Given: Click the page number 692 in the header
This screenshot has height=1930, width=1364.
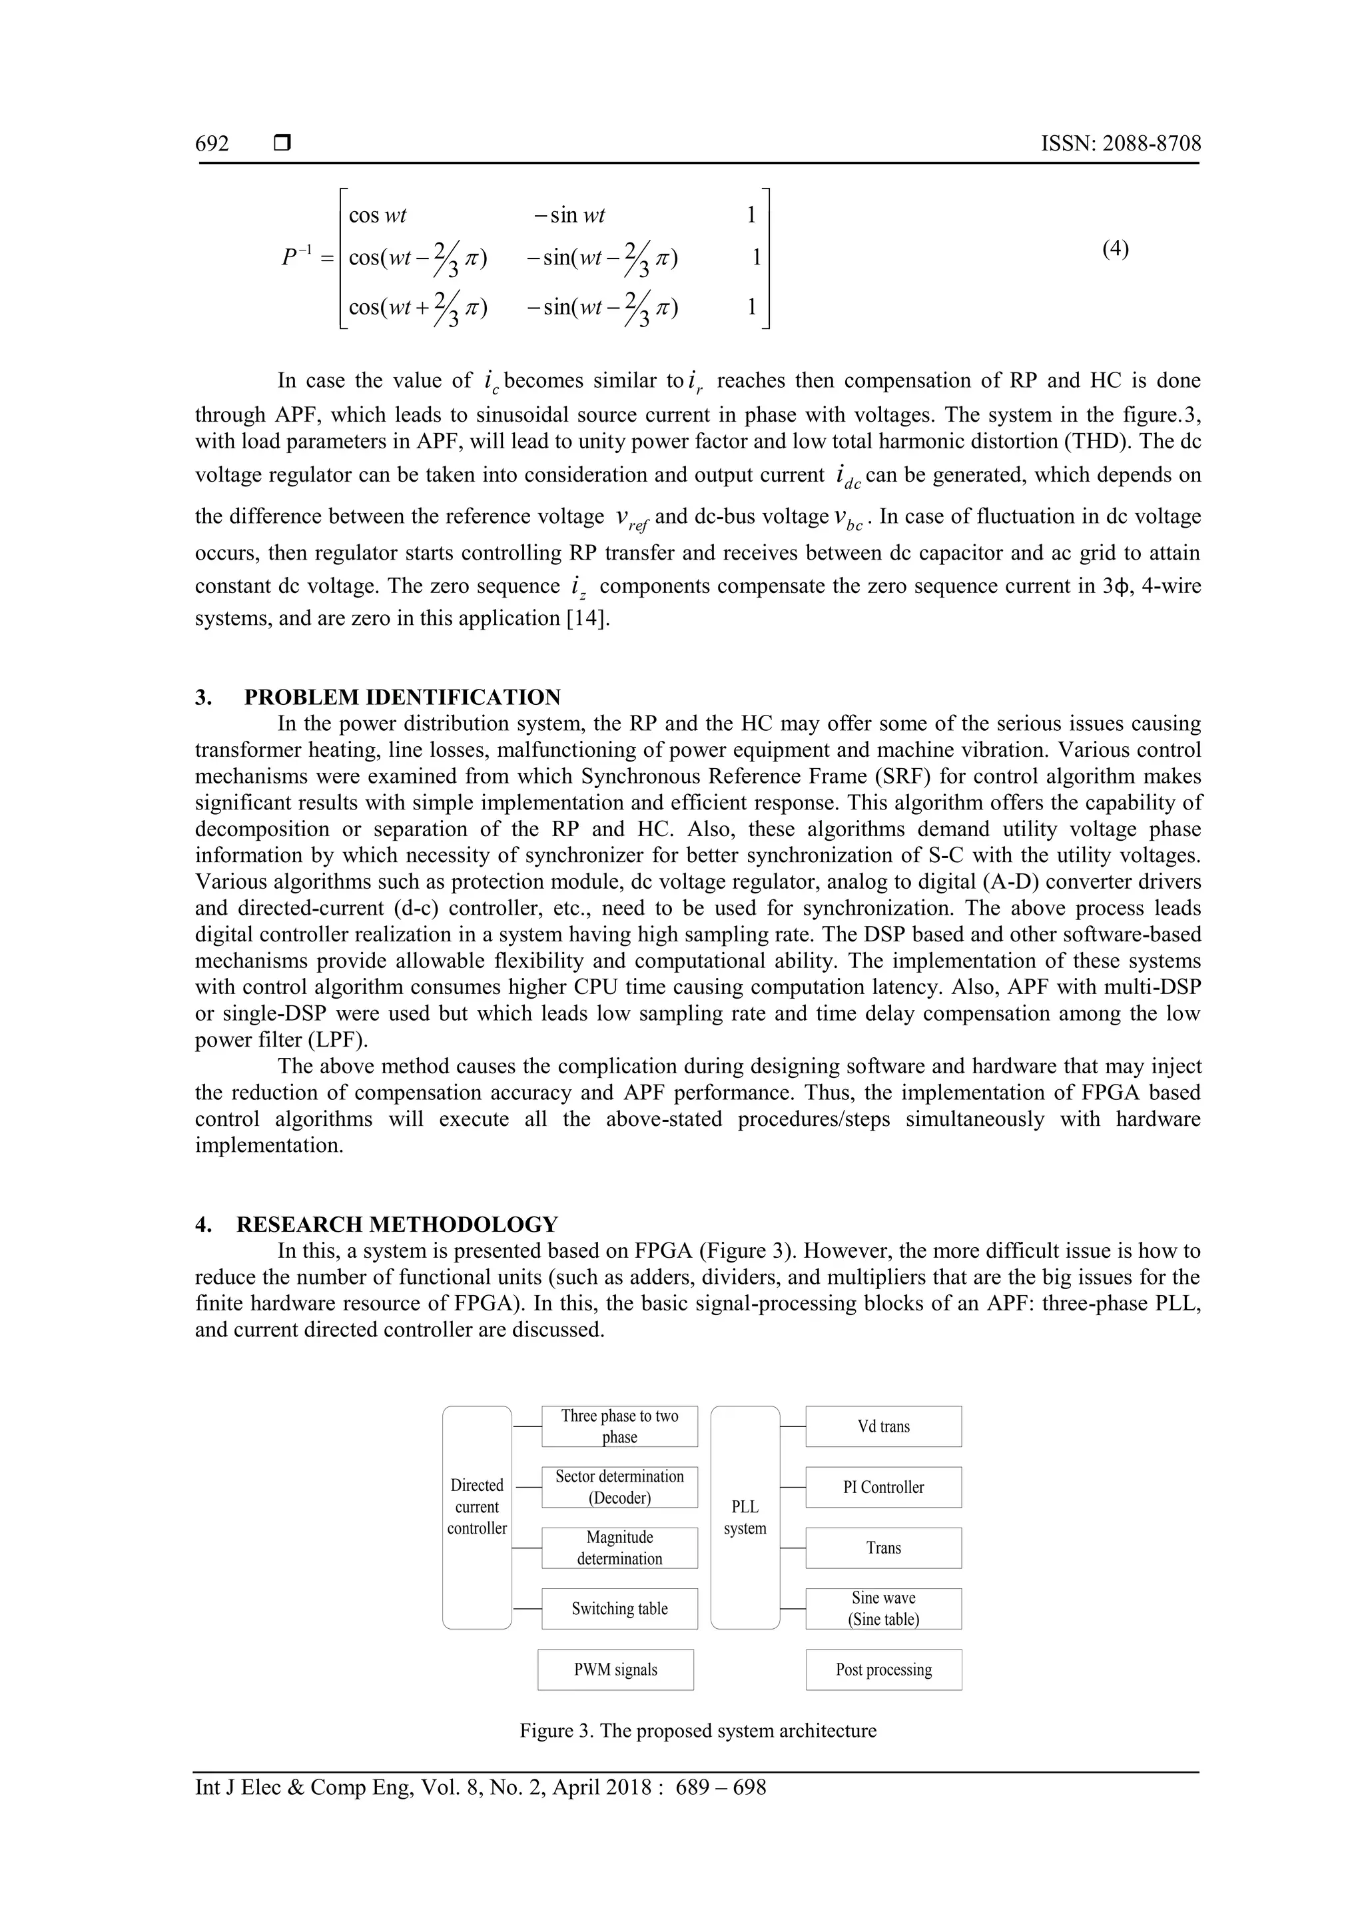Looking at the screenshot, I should pos(212,144).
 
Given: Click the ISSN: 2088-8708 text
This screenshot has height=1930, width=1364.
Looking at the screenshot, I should pos(1120,144).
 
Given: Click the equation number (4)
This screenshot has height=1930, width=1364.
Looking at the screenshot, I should pos(1115,248).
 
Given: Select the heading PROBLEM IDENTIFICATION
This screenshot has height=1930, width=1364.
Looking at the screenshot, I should pos(402,697).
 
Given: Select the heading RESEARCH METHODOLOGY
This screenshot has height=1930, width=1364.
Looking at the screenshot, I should pos(397,1224).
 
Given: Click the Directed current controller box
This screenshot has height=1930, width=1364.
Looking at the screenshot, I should pos(476,1506).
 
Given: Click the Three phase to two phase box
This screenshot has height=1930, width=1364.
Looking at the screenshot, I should pos(619,1426).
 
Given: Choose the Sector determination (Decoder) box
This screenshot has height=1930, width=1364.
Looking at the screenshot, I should pos(619,1487).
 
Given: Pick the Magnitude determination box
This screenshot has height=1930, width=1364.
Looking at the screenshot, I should pos(619,1548).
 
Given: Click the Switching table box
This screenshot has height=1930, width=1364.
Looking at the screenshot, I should pos(619,1608).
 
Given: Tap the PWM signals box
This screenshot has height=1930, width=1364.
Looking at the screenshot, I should pos(615,1670).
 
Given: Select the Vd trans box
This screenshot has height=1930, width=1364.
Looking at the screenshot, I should pos(883,1426).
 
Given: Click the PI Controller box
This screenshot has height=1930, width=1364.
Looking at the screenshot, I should pos(883,1487).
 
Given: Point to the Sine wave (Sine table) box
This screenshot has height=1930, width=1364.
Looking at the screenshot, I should pos(883,1608).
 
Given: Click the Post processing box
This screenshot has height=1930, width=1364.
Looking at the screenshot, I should pos(883,1670).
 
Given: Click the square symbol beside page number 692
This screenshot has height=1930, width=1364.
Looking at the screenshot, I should pos(282,144).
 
